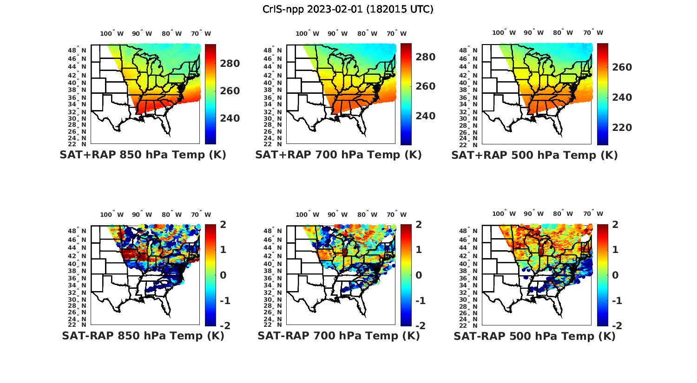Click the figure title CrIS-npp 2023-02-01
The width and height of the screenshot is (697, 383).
(348, 9)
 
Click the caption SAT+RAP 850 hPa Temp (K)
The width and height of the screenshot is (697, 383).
(143, 155)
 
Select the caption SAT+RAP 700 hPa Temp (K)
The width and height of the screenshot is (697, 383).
(338, 155)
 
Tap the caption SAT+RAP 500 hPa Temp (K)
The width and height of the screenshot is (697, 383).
(534, 156)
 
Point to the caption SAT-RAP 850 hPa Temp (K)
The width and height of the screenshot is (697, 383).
(143, 336)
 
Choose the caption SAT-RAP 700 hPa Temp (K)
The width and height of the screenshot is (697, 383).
(338, 336)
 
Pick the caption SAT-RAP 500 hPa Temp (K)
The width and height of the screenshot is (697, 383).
(534, 336)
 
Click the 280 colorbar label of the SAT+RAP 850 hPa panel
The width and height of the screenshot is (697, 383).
(230, 64)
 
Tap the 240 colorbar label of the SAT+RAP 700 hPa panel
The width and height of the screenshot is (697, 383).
(425, 116)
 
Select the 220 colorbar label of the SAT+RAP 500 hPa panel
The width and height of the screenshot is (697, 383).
(622, 128)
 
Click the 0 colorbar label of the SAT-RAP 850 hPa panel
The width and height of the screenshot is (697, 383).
(223, 275)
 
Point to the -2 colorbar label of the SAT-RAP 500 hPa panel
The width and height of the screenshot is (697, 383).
(612, 325)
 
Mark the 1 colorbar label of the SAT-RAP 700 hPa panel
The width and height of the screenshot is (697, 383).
(418, 250)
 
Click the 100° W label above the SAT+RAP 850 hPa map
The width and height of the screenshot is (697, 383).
(112, 33)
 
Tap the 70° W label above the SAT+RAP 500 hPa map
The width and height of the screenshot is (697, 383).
(592, 32)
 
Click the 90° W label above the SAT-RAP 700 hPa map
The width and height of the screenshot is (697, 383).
(338, 214)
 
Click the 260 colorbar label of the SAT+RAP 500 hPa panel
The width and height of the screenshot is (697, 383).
(622, 67)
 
